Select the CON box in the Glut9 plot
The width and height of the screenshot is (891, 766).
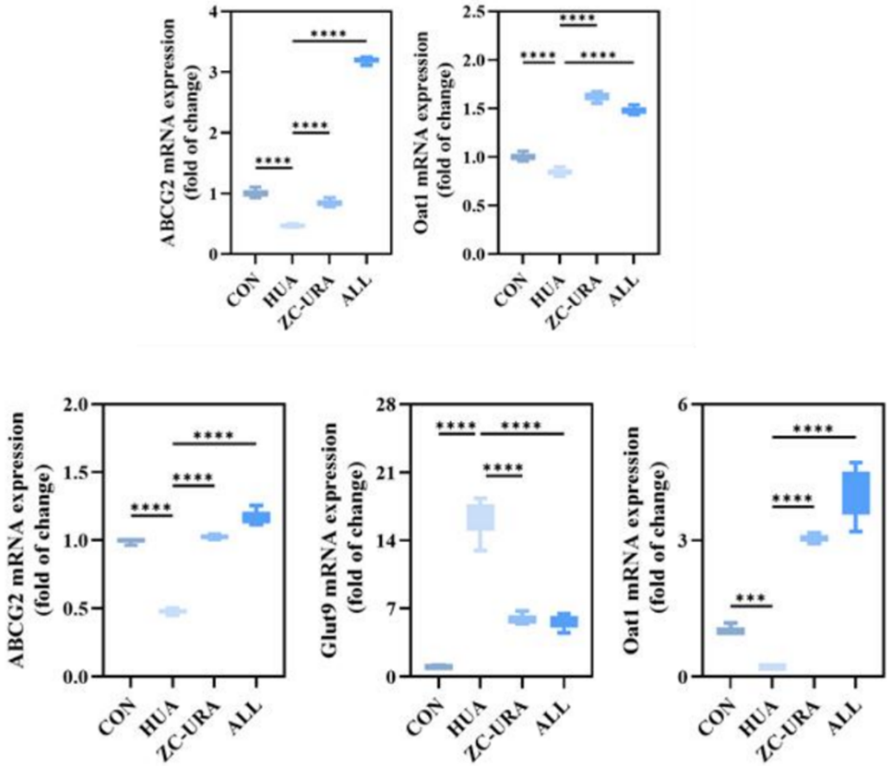439,667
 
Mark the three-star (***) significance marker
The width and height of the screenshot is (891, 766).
750,574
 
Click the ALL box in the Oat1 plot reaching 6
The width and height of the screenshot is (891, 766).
855,493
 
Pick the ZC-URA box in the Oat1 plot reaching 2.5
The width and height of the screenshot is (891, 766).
597,97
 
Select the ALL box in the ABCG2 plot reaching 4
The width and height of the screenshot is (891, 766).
367,61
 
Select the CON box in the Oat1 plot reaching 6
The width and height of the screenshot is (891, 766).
730,629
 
